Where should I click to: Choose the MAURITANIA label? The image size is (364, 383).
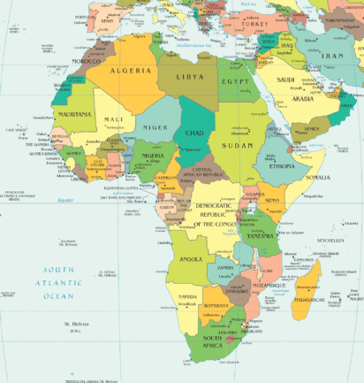click(74, 114)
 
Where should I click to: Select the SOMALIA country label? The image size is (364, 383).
click(316, 177)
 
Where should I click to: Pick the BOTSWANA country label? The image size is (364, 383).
click(218, 307)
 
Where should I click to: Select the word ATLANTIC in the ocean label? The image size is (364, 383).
click(57, 282)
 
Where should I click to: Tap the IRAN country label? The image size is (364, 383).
click(332, 54)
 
